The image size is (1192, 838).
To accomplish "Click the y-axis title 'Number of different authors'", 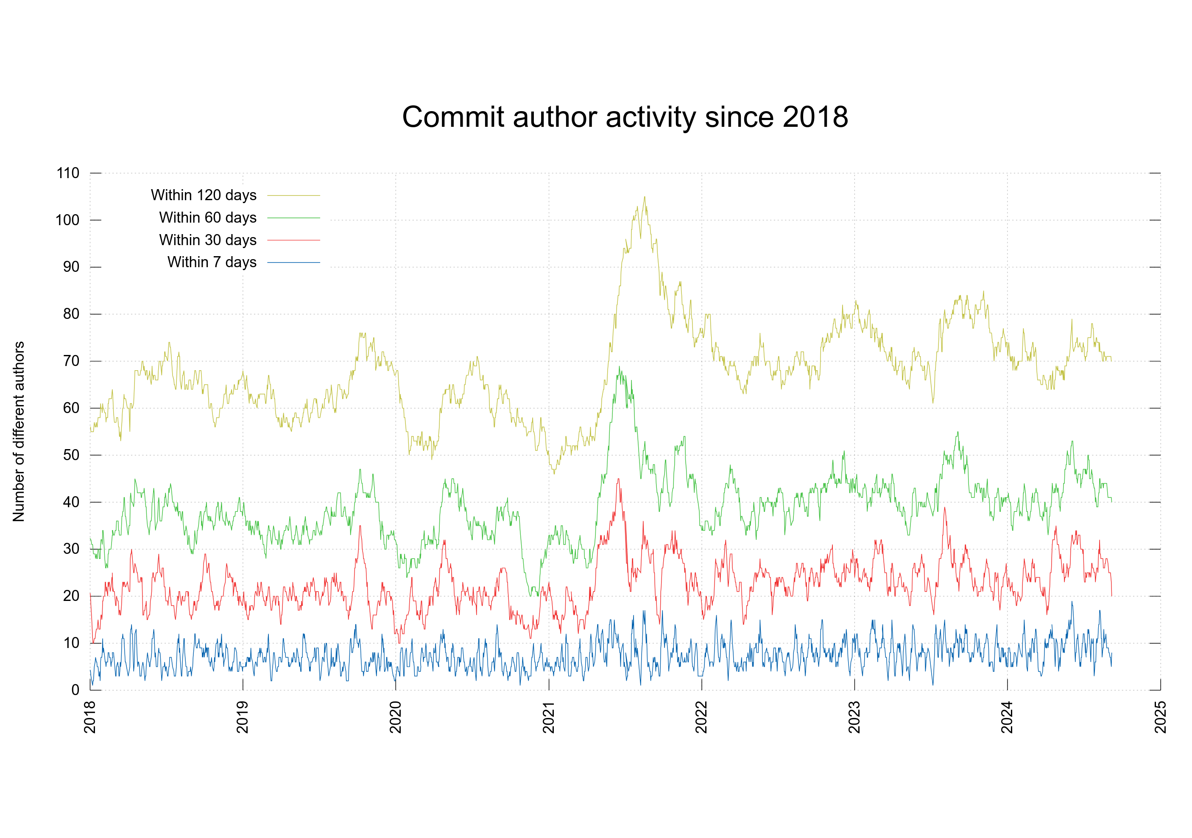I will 19,431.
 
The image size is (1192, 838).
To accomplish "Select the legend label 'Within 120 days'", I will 204,195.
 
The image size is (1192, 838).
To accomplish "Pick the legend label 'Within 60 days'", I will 208,218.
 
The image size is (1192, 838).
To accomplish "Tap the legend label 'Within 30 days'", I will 208,240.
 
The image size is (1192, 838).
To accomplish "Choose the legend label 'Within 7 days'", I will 212,262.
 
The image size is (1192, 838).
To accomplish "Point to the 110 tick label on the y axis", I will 68,173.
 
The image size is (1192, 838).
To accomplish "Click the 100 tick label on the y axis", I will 67,220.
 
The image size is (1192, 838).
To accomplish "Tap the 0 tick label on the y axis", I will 75,690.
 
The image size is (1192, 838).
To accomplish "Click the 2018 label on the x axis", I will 90,717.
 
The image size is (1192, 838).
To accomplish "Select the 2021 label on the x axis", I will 549,717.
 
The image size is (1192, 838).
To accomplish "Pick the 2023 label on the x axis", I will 854,717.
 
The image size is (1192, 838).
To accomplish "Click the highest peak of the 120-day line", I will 645,197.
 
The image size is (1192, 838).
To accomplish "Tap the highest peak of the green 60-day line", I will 619,366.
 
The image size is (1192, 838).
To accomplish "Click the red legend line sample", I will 293,240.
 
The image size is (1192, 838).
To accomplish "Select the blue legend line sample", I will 293,263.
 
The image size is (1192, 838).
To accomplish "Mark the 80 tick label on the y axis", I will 71,314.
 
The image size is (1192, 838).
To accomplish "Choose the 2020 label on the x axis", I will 396,717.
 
